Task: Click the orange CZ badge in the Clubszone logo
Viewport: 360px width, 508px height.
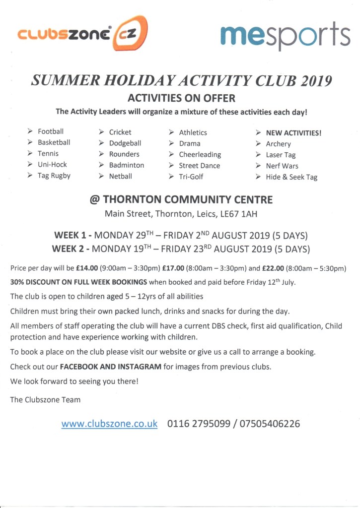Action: click(131, 34)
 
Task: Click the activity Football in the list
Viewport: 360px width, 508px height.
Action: click(51, 131)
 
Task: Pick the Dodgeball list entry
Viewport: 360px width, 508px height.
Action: click(125, 143)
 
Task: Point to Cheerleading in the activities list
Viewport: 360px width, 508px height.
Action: click(200, 154)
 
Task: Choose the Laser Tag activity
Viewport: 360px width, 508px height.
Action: click(281, 155)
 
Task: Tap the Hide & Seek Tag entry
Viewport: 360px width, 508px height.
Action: click(291, 177)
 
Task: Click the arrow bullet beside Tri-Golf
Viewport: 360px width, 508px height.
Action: click(171, 177)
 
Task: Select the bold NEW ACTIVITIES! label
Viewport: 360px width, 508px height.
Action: click(293, 132)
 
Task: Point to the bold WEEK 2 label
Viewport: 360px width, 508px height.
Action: click(72, 248)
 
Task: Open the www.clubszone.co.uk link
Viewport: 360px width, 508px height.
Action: click(109, 424)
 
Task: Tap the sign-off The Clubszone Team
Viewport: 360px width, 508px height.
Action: click(45, 399)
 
